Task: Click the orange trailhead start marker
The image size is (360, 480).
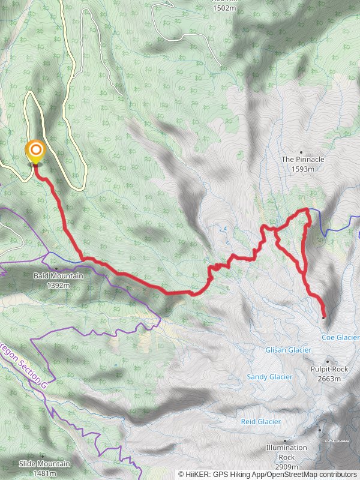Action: click(x=35, y=150)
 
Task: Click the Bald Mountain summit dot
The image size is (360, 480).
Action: click(x=56, y=268)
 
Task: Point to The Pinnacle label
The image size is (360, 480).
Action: click(x=303, y=160)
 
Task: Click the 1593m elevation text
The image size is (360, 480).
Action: click(x=303, y=169)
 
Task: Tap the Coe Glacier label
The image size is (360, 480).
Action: click(x=340, y=338)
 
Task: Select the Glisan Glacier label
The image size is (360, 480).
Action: click(x=288, y=350)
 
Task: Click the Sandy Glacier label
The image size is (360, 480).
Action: click(x=269, y=377)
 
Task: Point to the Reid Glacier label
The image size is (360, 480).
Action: click(x=261, y=422)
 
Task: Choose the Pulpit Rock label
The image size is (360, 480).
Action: click(x=329, y=370)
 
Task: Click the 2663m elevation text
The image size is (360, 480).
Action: click(x=329, y=379)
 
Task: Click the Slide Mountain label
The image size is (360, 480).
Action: click(x=44, y=464)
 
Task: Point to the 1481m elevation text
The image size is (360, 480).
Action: click(x=44, y=473)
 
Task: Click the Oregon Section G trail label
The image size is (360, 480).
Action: click(x=24, y=364)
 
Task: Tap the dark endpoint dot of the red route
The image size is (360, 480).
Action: click(x=323, y=317)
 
